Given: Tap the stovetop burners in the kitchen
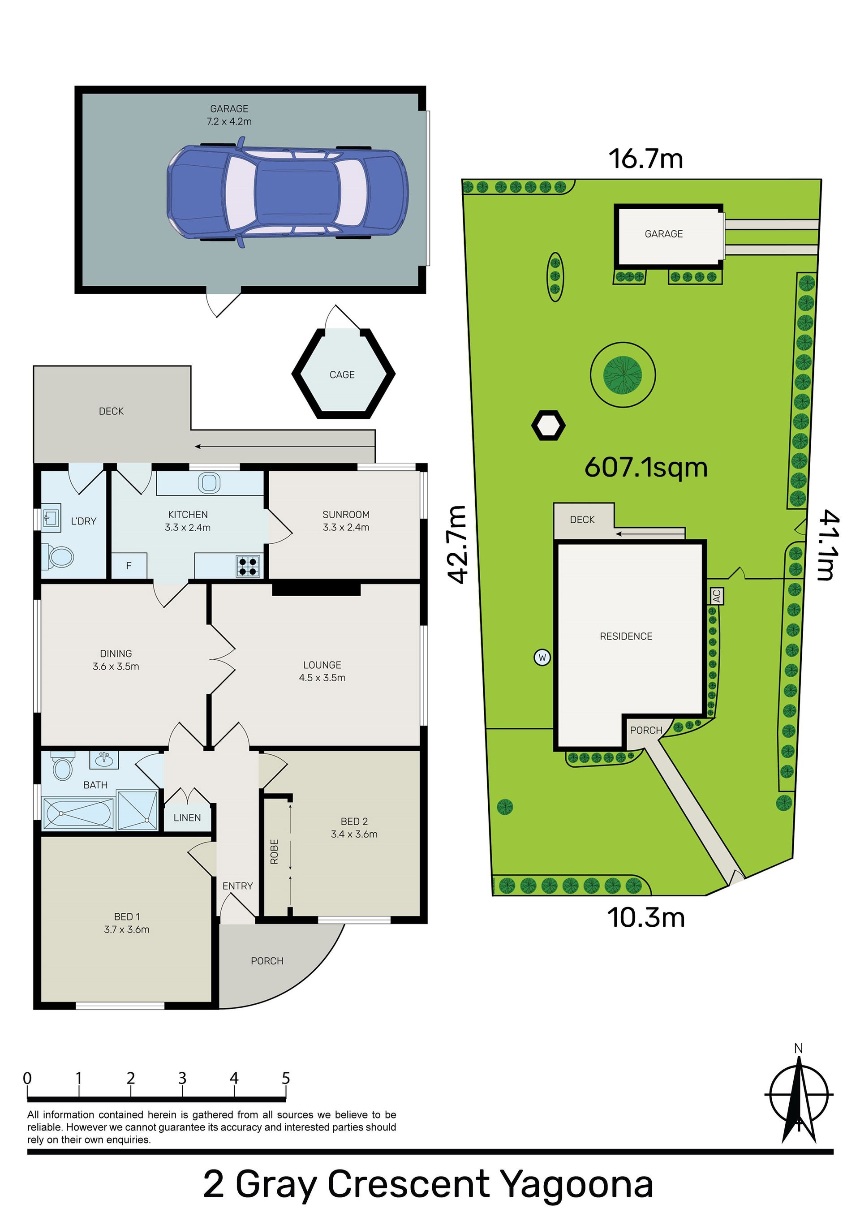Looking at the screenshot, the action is [248, 566].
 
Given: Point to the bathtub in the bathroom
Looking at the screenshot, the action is [78, 813].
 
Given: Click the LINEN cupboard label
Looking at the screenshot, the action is [187, 818].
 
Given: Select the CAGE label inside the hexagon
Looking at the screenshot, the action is [342, 375].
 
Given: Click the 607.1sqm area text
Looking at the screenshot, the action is [646, 468].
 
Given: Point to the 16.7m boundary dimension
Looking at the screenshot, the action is [646, 159].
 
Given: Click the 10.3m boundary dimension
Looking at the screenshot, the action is [646, 918].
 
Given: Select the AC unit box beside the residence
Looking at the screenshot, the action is [717, 596].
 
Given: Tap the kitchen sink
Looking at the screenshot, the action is [209, 483].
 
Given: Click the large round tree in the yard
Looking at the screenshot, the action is [623, 374].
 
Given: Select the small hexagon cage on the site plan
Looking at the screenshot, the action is [548, 426].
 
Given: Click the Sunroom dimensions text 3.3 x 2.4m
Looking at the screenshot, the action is [346, 527].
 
